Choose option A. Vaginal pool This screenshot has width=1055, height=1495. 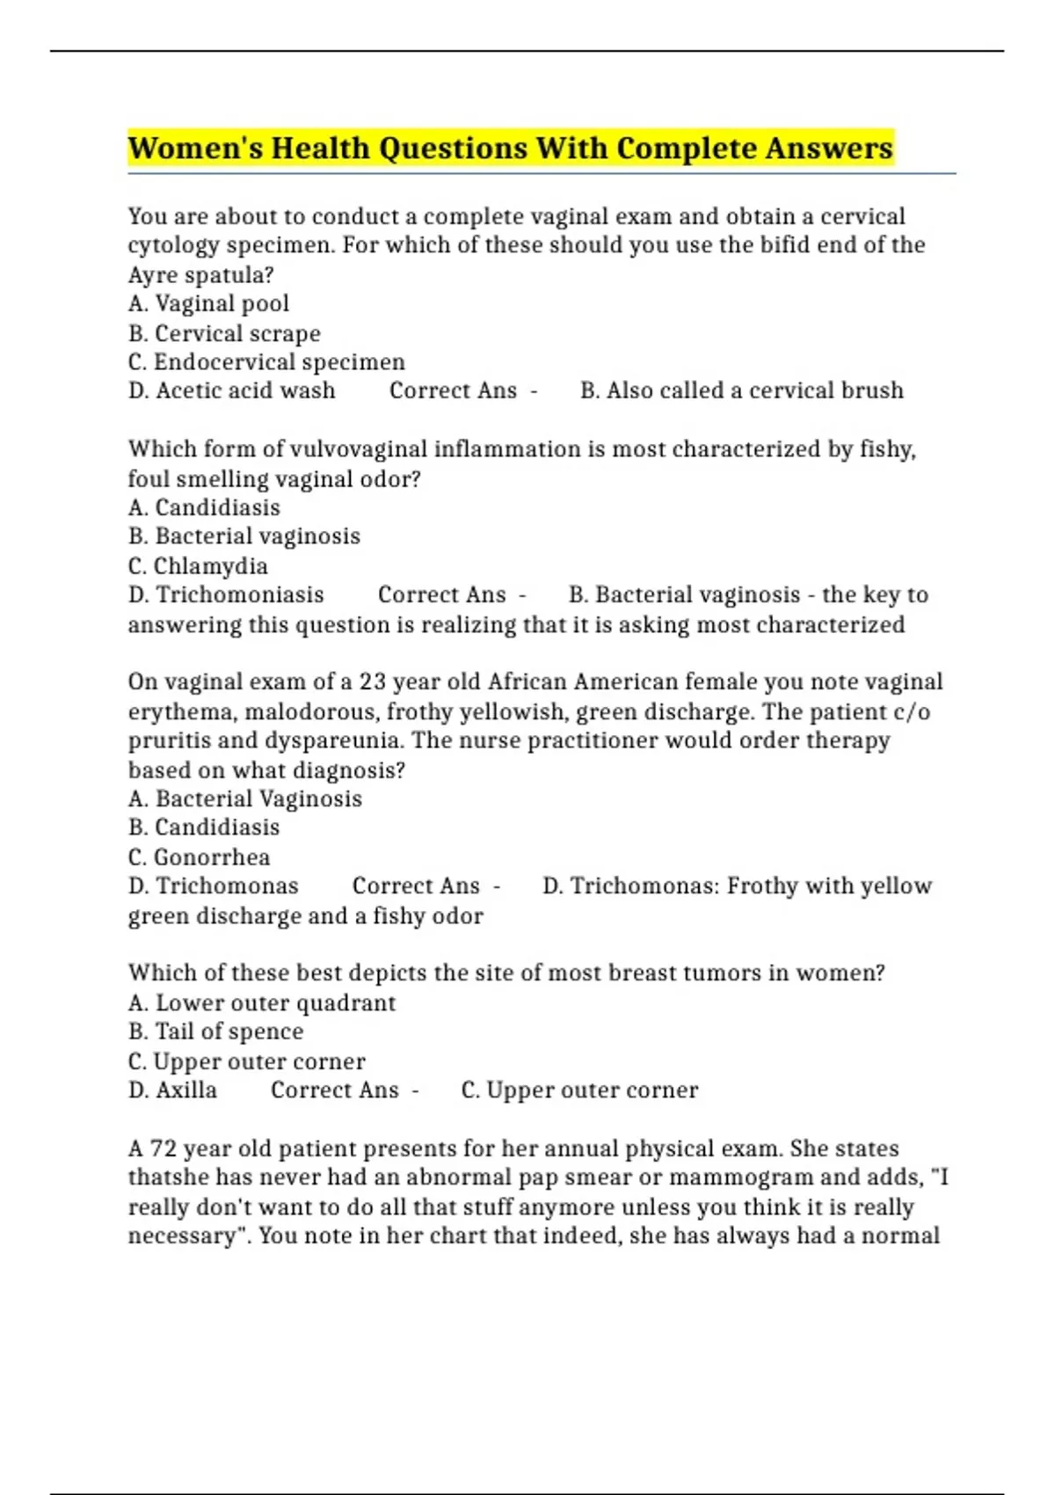click(x=208, y=304)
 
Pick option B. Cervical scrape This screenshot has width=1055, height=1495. click(x=224, y=334)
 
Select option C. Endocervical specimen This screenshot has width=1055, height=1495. click(x=266, y=362)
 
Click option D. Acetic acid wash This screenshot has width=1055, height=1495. click(x=231, y=391)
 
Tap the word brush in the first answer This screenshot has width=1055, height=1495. click(x=871, y=391)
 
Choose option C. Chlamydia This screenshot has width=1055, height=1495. click(x=198, y=566)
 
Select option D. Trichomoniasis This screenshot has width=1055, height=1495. click(x=226, y=595)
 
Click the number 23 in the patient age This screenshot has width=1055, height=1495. click(x=372, y=682)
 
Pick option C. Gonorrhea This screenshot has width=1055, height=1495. click(x=199, y=857)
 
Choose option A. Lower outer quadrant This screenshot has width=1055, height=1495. click(x=262, y=1003)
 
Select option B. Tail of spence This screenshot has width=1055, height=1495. click(x=215, y=1032)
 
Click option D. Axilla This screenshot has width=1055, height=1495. click(x=172, y=1090)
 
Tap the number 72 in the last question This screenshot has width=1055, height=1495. click(x=164, y=1149)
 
